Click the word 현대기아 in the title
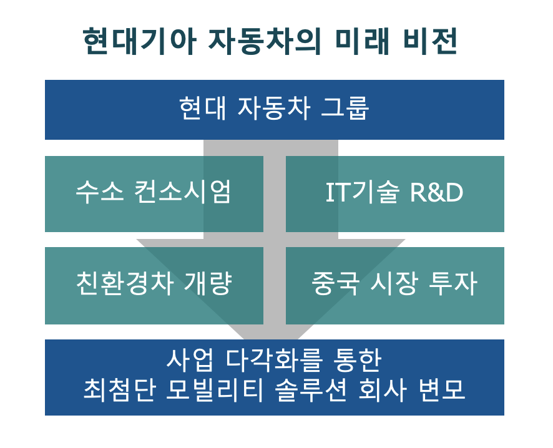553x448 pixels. point(139,41)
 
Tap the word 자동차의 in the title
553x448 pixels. point(265,41)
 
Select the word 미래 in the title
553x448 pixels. point(362,41)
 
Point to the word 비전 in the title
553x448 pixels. point(430,41)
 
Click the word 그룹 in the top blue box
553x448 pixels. point(345,108)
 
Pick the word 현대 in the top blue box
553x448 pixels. point(202,108)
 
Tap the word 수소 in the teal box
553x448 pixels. point(100,192)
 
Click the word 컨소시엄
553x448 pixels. point(183,192)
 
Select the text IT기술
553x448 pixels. point(362,192)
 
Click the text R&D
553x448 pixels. point(437,192)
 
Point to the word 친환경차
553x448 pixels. point(124,283)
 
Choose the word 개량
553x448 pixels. point(208,283)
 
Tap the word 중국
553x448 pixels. point(335,283)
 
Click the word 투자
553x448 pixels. point(453,283)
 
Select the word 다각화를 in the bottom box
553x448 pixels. point(274,360)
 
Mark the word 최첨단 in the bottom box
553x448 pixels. point(120,390)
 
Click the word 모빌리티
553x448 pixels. point(215,390)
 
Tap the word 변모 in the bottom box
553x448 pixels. point(441,390)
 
